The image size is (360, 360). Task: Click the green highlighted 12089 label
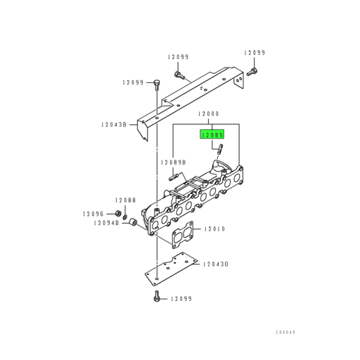(x=212, y=134)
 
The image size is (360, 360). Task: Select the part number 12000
(x=209, y=114)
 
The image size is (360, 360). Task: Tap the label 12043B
(x=113, y=124)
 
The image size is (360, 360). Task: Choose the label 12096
(x=93, y=214)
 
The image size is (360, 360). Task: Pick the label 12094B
(x=103, y=224)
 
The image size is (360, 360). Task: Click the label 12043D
(x=217, y=264)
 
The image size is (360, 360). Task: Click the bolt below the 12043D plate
(x=156, y=298)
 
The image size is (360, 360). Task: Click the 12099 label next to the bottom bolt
(x=181, y=299)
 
